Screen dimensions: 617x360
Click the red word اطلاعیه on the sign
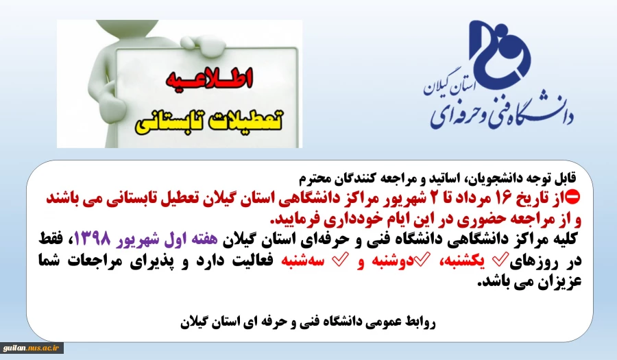(x=209, y=79)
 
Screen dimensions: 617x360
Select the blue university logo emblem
(x=500, y=52)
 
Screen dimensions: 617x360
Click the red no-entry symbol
(x=573, y=197)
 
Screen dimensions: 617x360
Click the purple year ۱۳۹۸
(x=93, y=239)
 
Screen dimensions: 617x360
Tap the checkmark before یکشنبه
(x=501, y=259)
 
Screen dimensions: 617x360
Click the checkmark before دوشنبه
(x=422, y=259)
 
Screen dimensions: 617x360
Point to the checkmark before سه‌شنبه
(x=340, y=260)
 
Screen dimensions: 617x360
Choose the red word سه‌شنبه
(x=302, y=261)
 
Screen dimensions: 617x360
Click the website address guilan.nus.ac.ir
(x=31, y=348)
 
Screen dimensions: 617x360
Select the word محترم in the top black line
(x=313, y=179)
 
